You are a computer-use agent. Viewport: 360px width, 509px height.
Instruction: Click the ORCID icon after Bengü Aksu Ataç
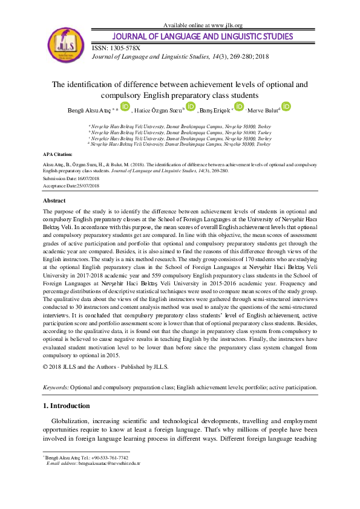click(125, 107)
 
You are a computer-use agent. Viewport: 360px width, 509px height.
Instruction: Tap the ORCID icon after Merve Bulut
click(286, 107)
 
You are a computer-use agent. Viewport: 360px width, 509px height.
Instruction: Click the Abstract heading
click(54, 200)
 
